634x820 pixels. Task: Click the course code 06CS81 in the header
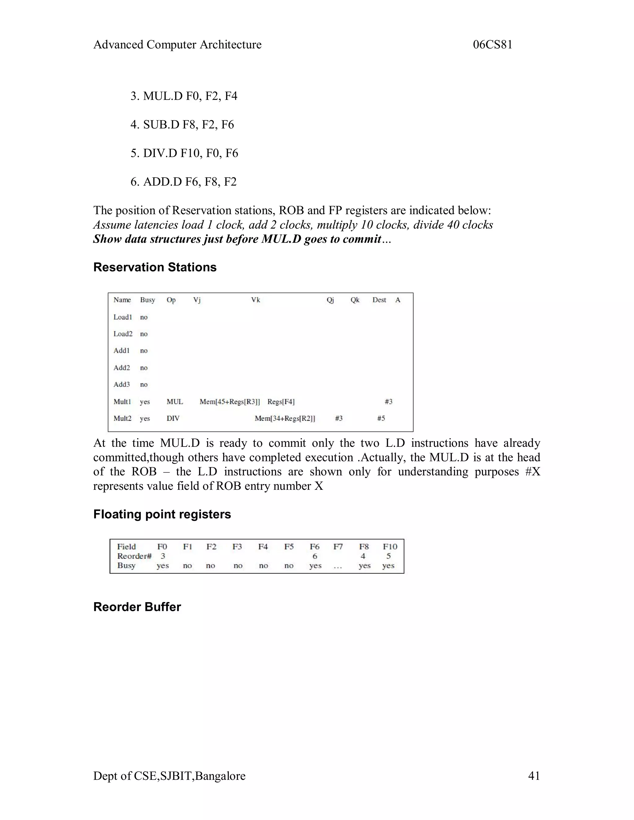[493, 45]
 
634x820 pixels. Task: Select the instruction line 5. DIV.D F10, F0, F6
[184, 153]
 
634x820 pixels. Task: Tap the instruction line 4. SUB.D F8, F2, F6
[182, 125]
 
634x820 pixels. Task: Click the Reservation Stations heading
[155, 267]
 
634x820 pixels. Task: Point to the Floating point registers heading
[162, 514]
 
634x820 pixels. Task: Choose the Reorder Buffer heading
[137, 607]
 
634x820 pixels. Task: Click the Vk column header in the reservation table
[255, 300]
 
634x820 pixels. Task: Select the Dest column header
[379, 300]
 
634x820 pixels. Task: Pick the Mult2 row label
[123, 418]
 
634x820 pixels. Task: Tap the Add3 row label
[122, 384]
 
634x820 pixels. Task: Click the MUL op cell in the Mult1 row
[175, 402]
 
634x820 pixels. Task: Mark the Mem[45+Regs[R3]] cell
[229, 402]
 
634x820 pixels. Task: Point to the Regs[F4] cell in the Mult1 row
[281, 402]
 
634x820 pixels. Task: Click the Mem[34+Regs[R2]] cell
[285, 418]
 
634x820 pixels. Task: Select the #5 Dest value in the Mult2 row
[381, 418]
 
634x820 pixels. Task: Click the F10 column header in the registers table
[390, 547]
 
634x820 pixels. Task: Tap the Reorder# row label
[134, 556]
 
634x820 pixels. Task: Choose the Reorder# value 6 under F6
[315, 556]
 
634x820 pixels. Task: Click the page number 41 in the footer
[534, 776]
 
